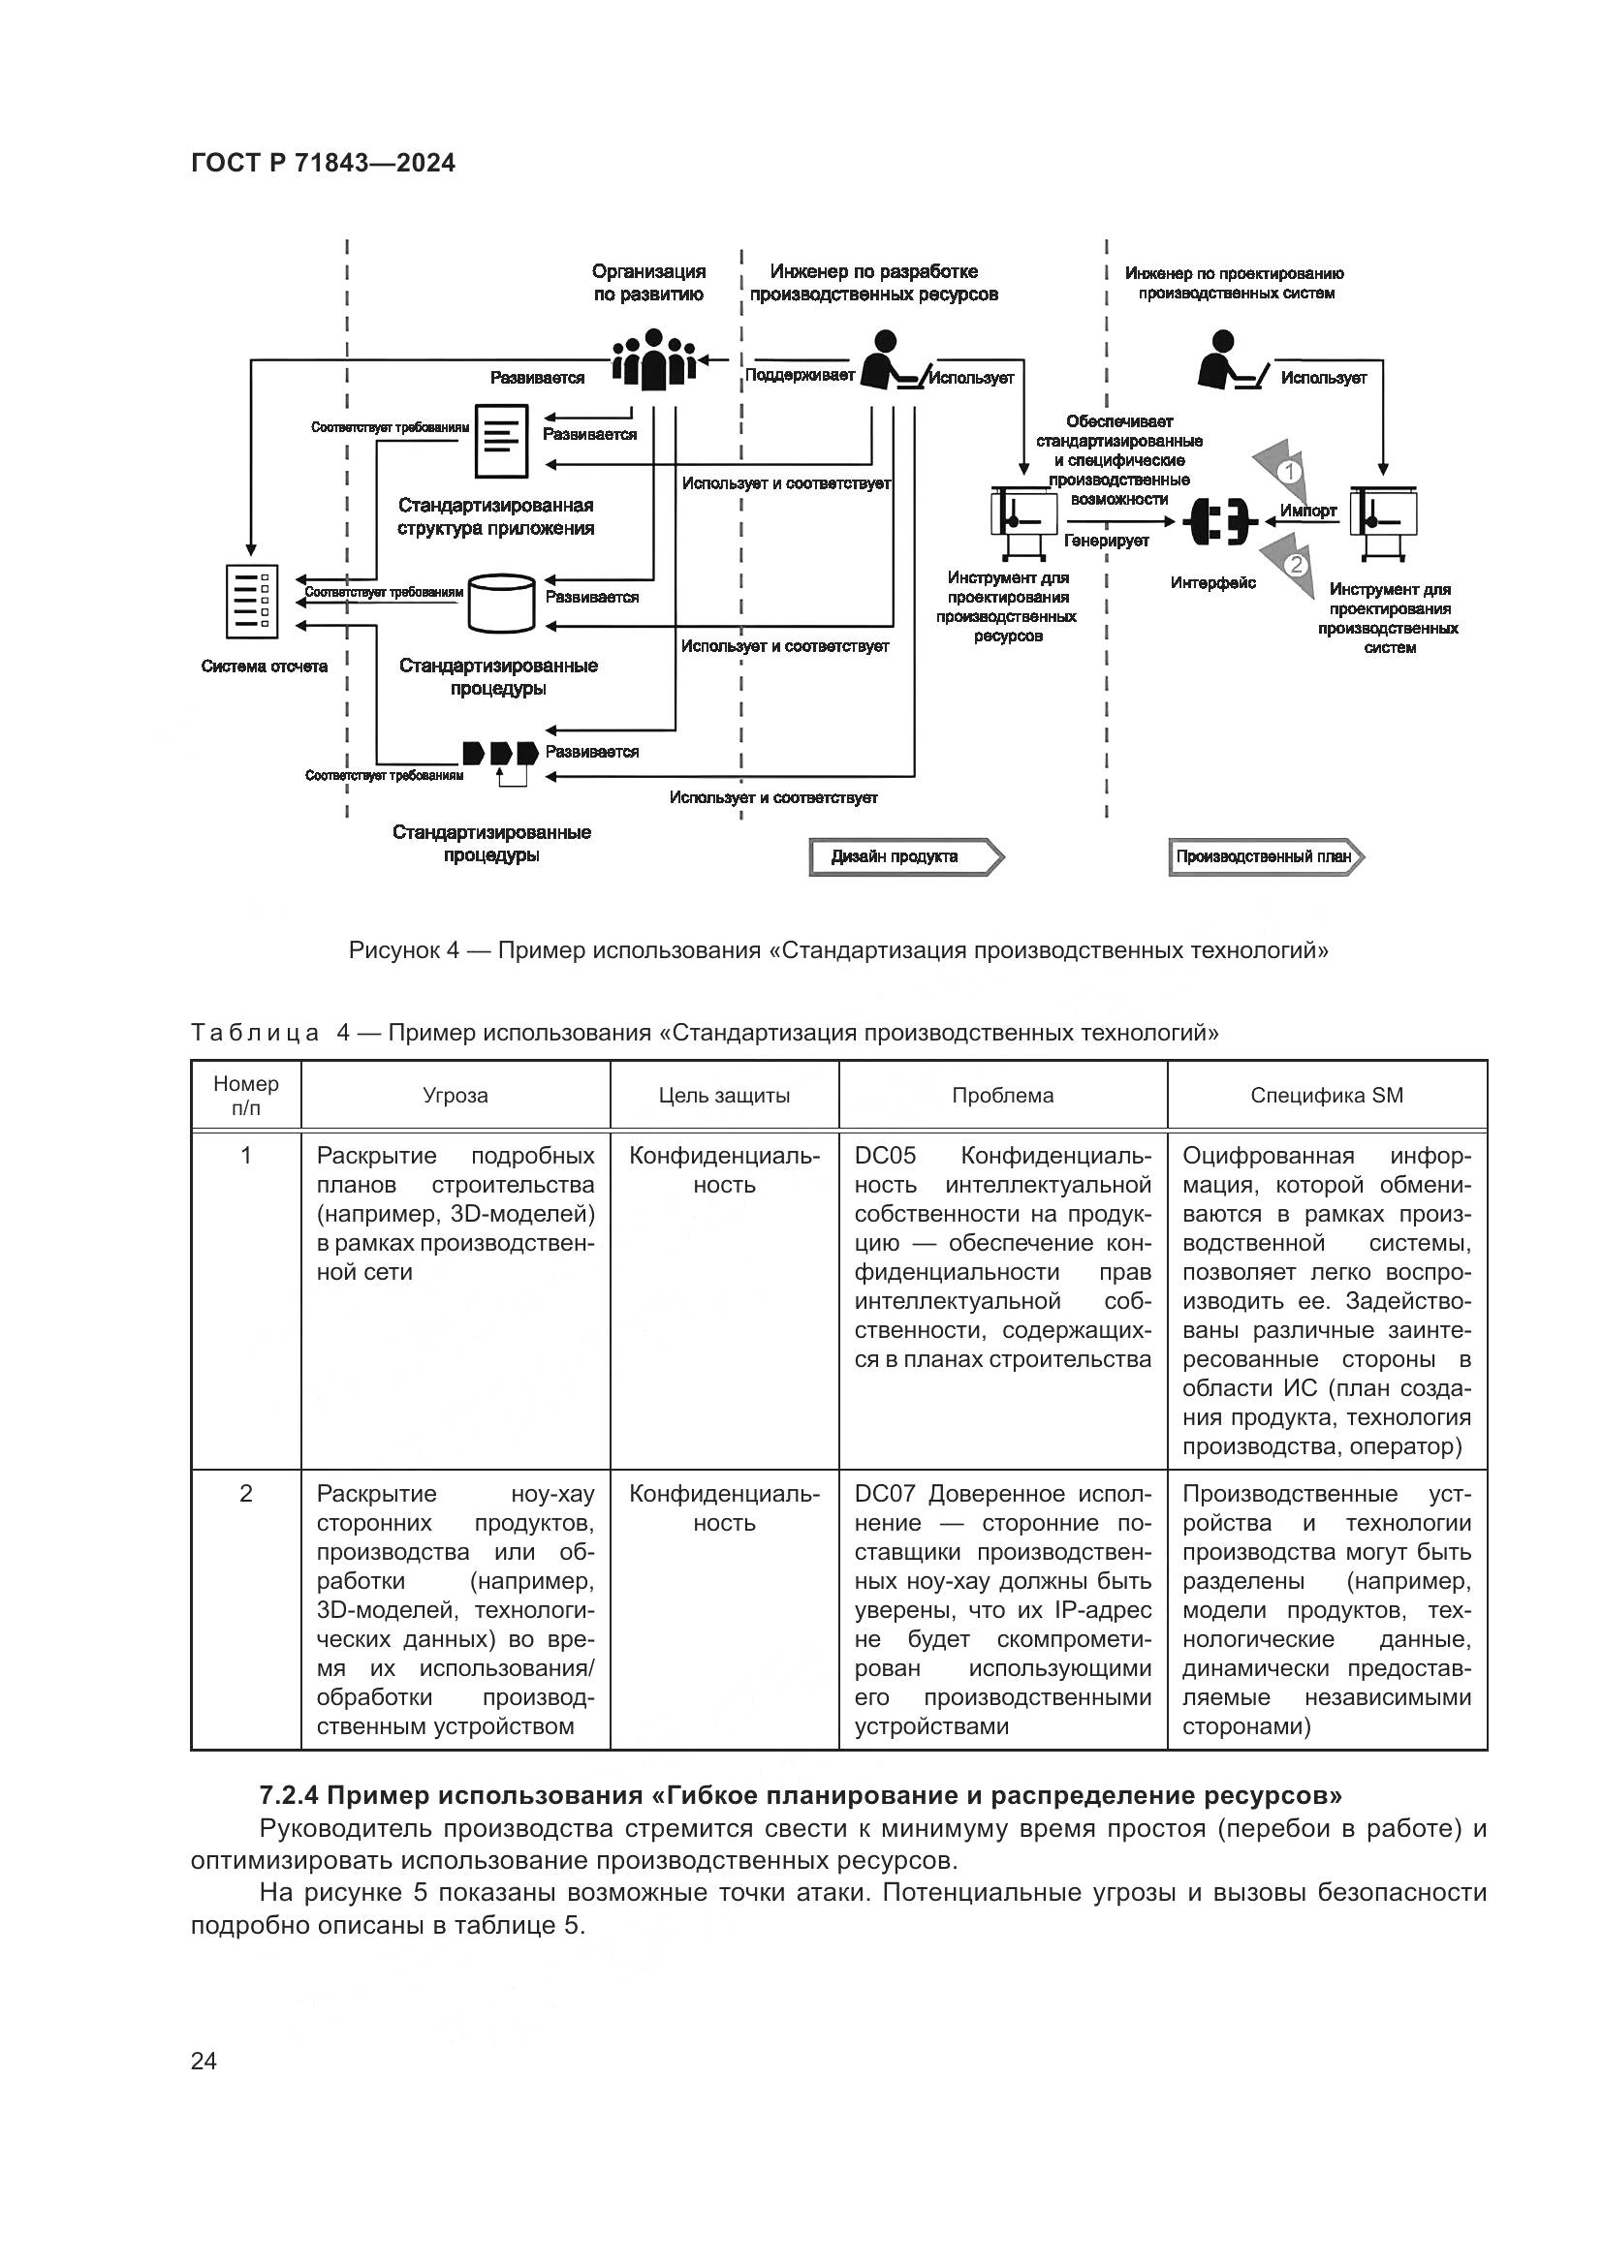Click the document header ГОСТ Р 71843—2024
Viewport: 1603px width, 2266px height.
323,163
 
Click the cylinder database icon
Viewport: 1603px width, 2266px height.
500,603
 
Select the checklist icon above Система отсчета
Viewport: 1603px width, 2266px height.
251,601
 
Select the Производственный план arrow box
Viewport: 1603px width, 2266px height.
1265,856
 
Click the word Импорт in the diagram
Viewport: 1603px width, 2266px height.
1307,511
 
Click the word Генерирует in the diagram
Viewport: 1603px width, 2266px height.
1107,541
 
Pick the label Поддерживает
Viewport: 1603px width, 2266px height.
800,375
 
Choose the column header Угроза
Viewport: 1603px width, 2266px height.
456,1096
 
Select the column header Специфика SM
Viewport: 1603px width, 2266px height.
1326,1096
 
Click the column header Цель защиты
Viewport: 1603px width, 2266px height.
724,1096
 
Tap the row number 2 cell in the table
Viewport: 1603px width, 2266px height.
246,1493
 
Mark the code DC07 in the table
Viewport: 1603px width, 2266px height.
885,1493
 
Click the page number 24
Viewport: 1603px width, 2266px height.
204,2061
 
